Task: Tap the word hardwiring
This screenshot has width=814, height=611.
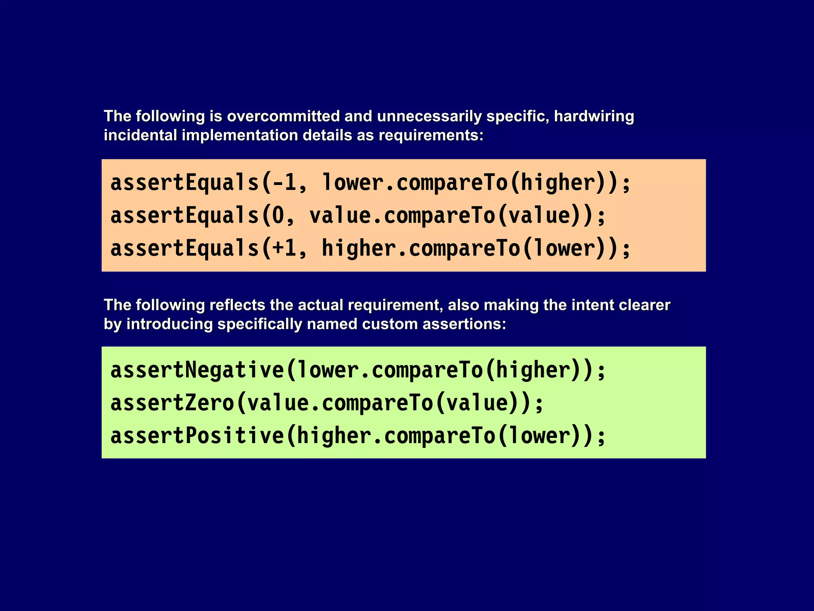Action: (594, 117)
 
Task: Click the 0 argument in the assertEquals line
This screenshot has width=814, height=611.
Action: (278, 215)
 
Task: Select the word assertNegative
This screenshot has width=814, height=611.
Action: (197, 370)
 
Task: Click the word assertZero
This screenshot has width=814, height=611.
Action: (172, 403)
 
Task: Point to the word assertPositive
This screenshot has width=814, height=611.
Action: (197, 436)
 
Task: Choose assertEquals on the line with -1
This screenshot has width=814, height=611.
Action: (185, 183)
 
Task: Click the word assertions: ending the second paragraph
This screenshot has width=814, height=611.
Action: (464, 324)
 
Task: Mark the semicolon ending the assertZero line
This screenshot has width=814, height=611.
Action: (539, 404)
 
